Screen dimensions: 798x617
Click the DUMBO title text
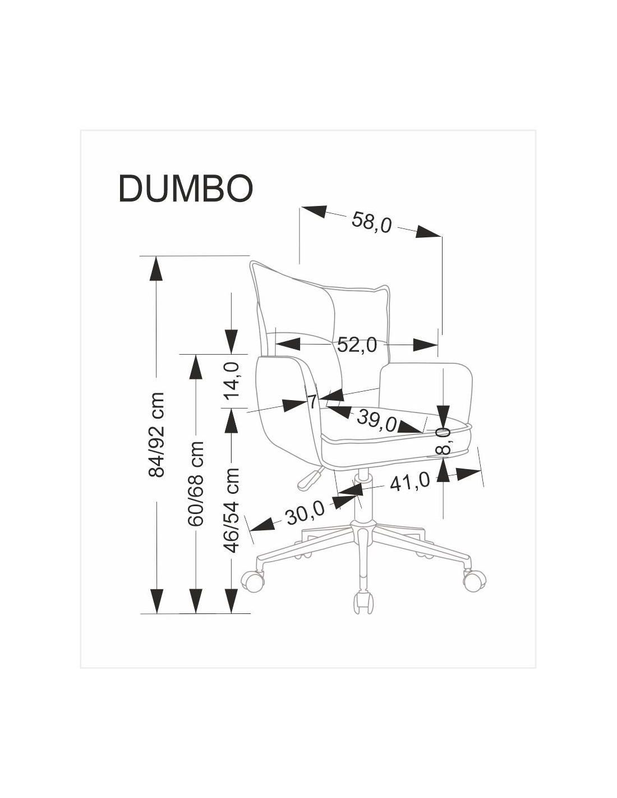(x=186, y=188)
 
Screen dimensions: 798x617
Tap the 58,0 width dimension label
(x=371, y=222)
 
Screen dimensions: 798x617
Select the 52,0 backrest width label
(x=357, y=345)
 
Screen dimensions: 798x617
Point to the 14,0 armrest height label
(x=232, y=379)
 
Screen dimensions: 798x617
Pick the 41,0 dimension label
(x=409, y=481)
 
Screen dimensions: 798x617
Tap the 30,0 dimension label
(x=306, y=512)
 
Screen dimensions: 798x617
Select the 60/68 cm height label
(x=196, y=483)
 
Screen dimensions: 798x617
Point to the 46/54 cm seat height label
(x=232, y=510)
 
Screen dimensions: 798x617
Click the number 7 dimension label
(x=313, y=401)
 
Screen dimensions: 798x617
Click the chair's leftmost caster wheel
(x=252, y=580)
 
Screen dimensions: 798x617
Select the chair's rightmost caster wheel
(x=475, y=580)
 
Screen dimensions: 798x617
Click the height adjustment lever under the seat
(x=311, y=478)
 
